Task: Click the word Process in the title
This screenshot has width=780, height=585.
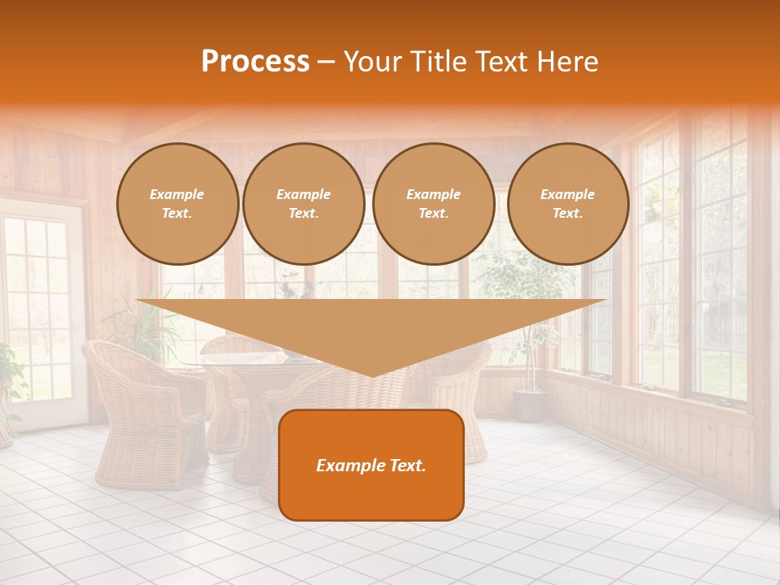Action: pos(255,62)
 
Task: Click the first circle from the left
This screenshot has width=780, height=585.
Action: pos(177,204)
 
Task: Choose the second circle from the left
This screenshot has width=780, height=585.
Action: pos(304,204)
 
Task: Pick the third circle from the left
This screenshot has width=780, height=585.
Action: pos(434,204)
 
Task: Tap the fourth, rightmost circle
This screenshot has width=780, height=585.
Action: pos(568,204)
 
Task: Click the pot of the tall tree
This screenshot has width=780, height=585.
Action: pos(530,405)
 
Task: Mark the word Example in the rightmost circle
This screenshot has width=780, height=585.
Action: pos(568,194)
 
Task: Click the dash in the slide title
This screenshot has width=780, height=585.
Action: pos(326,62)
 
